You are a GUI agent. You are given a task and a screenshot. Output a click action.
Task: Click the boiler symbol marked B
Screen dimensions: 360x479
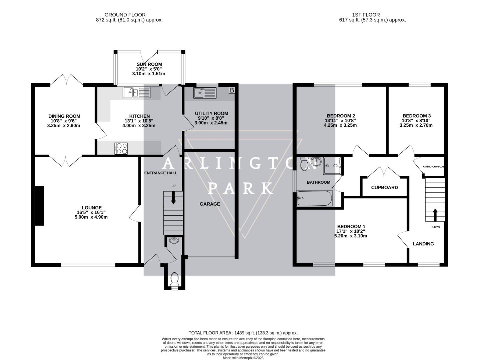(232, 90)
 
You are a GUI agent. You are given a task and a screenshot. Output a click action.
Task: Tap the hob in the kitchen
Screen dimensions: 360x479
(121, 148)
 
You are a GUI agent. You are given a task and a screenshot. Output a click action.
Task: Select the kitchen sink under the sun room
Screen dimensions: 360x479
(137, 92)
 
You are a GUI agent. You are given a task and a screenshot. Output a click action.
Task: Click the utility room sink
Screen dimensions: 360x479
(205, 92)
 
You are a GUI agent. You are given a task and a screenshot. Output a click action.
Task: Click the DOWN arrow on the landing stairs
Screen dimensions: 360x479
(435, 215)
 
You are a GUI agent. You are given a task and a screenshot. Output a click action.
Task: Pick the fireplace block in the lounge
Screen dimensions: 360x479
(39, 206)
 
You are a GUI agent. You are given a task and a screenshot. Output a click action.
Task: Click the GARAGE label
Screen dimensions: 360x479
(210, 204)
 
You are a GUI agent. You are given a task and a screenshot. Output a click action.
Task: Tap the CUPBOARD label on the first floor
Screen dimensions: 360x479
(384, 188)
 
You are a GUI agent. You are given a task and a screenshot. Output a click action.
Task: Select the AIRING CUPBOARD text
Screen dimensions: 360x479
(433, 166)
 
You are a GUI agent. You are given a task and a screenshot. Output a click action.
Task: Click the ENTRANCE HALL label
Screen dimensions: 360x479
(160, 173)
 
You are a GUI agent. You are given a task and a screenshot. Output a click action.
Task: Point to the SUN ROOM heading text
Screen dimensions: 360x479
(149, 64)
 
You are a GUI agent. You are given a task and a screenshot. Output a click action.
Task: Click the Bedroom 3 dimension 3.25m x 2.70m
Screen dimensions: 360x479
(416, 125)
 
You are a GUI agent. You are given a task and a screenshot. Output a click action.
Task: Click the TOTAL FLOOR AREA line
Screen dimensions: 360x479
(243, 333)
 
